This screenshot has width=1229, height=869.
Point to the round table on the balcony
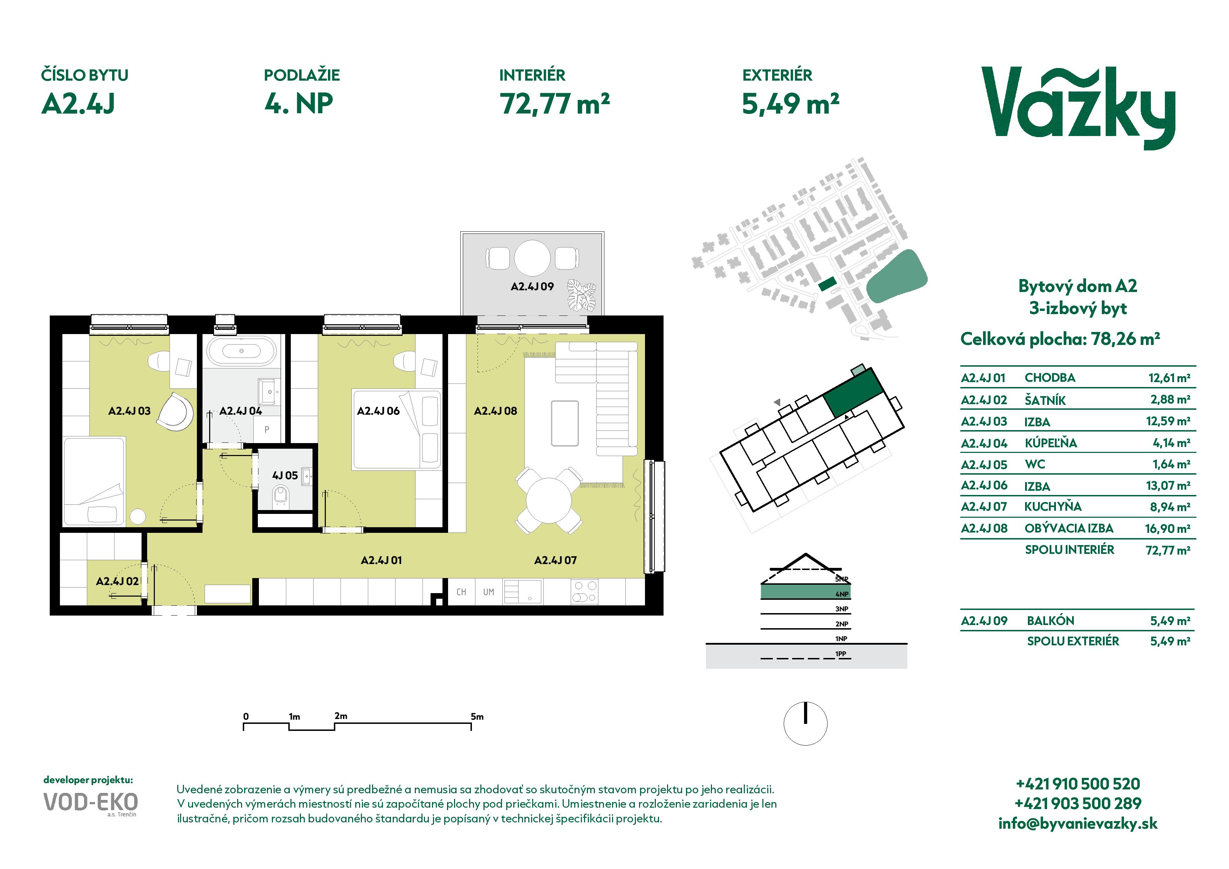[532, 258]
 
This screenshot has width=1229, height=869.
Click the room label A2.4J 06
[378, 411]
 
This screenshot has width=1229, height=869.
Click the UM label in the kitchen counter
[488, 592]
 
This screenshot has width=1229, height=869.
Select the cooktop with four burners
[584, 592]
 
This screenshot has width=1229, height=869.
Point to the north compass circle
[805, 724]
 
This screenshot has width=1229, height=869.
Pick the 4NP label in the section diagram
[842, 594]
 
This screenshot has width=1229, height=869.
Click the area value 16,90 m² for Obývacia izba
[1167, 529]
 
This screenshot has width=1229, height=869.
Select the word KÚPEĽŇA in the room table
[1051, 443]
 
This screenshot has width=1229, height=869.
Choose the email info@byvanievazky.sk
[1078, 823]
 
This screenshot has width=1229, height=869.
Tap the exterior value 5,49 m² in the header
[790, 104]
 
